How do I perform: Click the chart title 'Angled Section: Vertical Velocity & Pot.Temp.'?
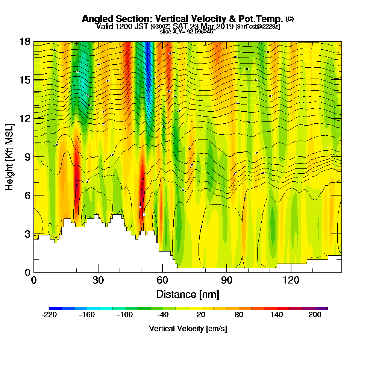coord(182,19)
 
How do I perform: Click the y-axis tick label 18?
coord(25,41)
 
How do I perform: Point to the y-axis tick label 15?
coord(25,80)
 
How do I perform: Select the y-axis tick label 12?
coord(25,118)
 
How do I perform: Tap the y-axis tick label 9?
coord(27,157)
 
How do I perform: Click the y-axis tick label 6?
coord(27,195)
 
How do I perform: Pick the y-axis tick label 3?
coord(27,234)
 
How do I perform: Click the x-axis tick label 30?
coord(98,280)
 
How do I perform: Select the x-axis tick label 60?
coord(162,280)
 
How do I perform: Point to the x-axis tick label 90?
coord(227,280)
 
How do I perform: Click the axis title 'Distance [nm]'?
coord(188,294)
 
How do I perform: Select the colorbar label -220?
coord(49,315)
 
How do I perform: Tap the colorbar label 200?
coord(315,315)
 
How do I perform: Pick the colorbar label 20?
coord(201,315)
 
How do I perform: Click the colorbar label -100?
coord(125,315)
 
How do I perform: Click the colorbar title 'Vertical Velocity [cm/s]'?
coord(188,329)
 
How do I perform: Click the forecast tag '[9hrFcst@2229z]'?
coord(258,27)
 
